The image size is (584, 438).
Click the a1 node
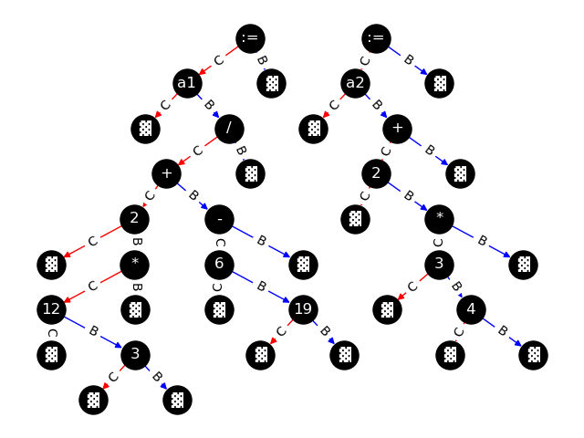pyautogui.click(x=187, y=83)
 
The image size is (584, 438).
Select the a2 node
pyautogui.click(x=356, y=83)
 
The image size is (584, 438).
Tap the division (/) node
pyautogui.click(x=229, y=129)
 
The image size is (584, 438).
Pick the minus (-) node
pyautogui.click(x=219, y=219)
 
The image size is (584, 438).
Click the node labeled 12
pyautogui.click(x=51, y=309)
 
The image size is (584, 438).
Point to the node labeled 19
pyautogui.click(x=303, y=309)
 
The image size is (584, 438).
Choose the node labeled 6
pyautogui.click(x=219, y=265)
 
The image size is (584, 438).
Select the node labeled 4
pyautogui.click(x=471, y=309)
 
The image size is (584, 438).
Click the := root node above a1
pyautogui.click(x=250, y=37)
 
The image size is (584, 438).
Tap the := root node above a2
pyautogui.click(x=376, y=37)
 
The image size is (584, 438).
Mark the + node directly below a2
pyautogui.click(x=397, y=129)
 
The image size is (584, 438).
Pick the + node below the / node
pyautogui.click(x=166, y=173)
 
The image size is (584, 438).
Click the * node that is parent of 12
pyautogui.click(x=135, y=265)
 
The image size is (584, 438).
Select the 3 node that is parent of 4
pyautogui.click(x=439, y=265)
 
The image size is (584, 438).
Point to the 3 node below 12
pyautogui.click(x=135, y=355)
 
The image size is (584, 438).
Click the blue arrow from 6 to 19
pyautogui.click(x=261, y=287)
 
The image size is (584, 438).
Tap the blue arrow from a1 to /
pyautogui.click(x=208, y=106)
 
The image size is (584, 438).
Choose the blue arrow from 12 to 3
pyautogui.click(x=93, y=332)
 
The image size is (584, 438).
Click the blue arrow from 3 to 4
pyautogui.click(x=455, y=287)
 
